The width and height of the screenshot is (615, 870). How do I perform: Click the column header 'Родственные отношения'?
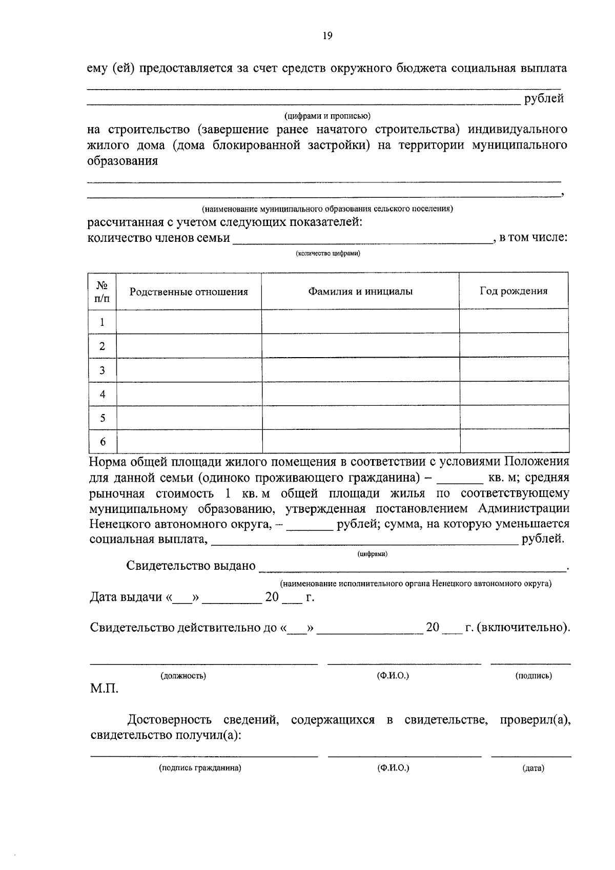coord(189,292)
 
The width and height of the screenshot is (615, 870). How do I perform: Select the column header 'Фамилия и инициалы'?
coord(360,292)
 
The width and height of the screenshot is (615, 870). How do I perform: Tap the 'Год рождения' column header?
coord(514,291)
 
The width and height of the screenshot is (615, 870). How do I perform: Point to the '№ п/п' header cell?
coord(102,291)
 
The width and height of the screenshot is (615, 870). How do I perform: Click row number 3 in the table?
coord(102,370)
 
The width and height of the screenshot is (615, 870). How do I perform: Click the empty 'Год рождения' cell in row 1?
coord(514,322)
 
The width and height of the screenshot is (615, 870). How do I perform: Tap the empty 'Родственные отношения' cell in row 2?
coord(189,346)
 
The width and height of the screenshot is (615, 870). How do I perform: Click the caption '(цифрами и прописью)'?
coord(328,116)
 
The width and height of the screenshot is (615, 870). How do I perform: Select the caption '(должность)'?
coord(183,676)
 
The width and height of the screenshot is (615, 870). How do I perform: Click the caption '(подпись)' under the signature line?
coord(534,676)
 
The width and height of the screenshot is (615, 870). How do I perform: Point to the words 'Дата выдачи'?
coord(126,597)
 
